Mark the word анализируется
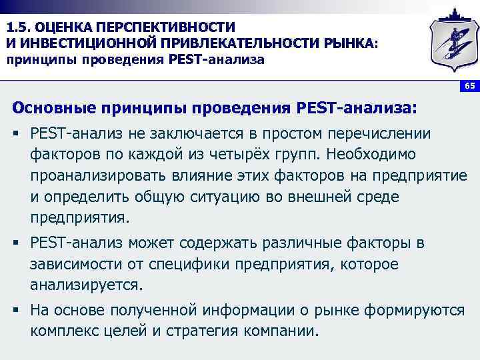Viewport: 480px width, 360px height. (x=86, y=285)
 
